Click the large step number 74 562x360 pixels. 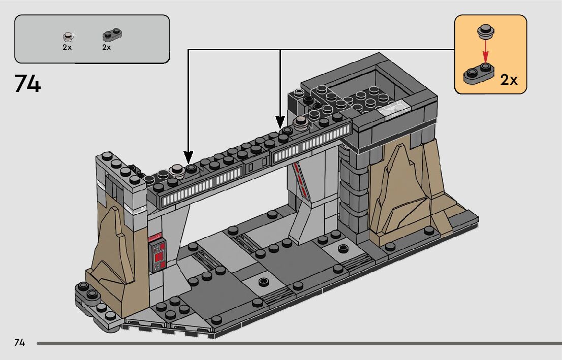coord(28,84)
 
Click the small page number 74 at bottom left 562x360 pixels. coord(20,343)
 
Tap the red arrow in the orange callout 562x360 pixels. coord(486,51)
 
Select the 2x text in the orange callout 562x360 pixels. coord(509,80)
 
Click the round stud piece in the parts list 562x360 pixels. coord(68,37)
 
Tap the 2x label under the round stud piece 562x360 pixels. coord(67,47)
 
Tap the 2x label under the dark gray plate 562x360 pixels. coord(106,47)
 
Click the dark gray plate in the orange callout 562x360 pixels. coord(478,75)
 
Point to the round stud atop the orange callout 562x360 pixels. coord(485,31)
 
